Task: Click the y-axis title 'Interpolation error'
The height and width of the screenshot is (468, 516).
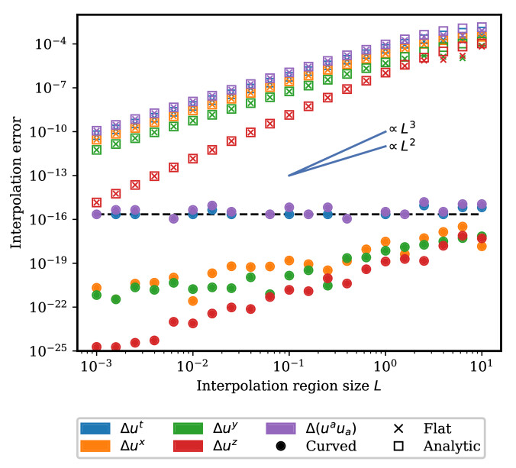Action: tap(16, 183)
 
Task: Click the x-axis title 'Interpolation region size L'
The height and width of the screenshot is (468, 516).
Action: tap(289, 386)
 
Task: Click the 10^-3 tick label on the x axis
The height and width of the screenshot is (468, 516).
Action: tap(96, 367)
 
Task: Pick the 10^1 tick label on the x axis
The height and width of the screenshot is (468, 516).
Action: tap(481, 367)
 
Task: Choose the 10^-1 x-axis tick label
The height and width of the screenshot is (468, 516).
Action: tap(289, 367)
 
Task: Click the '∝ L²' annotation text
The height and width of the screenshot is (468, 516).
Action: tap(403, 145)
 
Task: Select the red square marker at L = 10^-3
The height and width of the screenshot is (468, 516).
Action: tap(97, 202)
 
